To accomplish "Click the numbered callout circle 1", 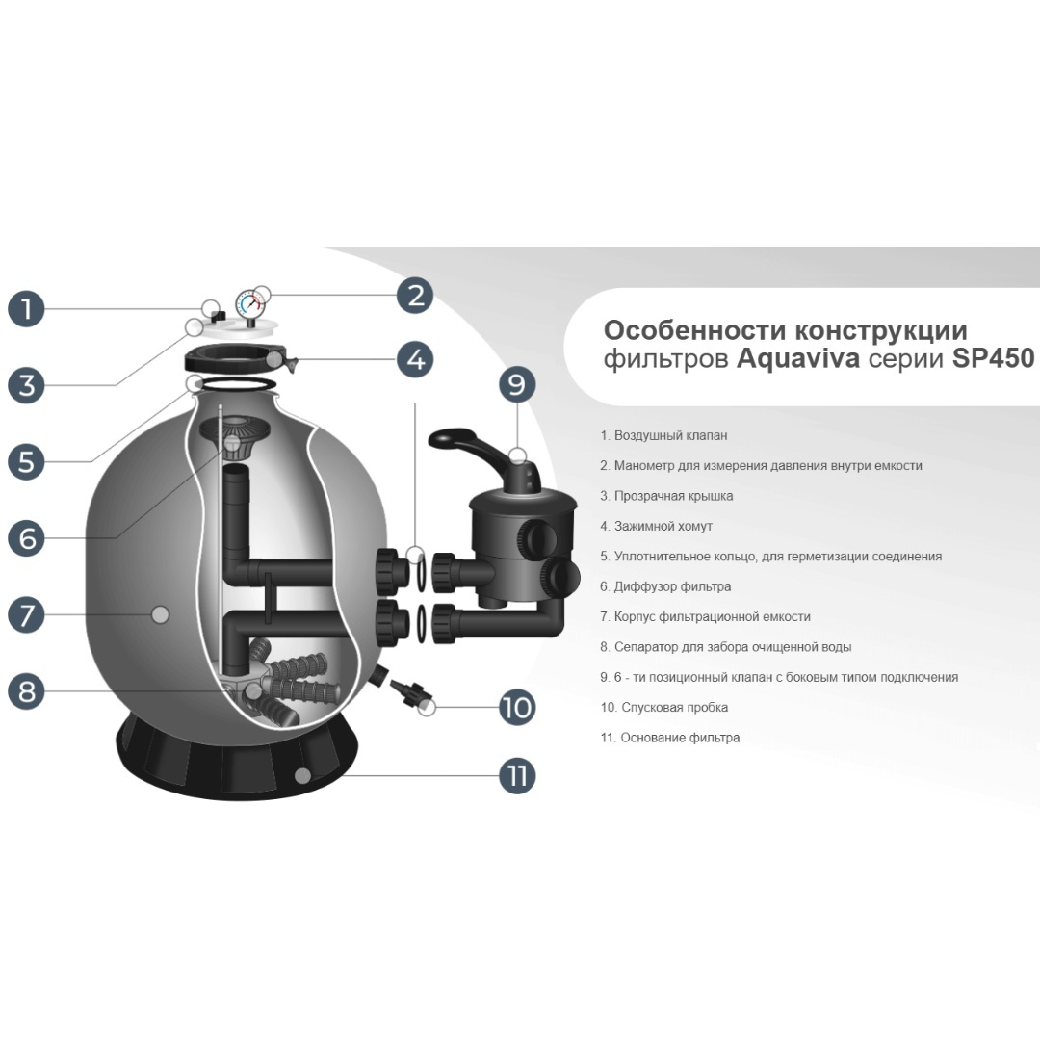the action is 27,308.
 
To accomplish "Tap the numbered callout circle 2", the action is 415,296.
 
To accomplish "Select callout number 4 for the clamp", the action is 415,359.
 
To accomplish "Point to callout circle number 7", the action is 27,614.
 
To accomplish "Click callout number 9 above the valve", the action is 517,384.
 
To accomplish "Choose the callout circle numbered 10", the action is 517,707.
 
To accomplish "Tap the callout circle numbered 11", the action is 517,775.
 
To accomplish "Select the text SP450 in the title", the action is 994,358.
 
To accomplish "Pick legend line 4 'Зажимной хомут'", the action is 656,526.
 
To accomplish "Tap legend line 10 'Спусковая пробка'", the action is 663,707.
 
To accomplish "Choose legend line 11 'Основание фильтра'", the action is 670,738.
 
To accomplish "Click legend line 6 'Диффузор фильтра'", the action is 665,586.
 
